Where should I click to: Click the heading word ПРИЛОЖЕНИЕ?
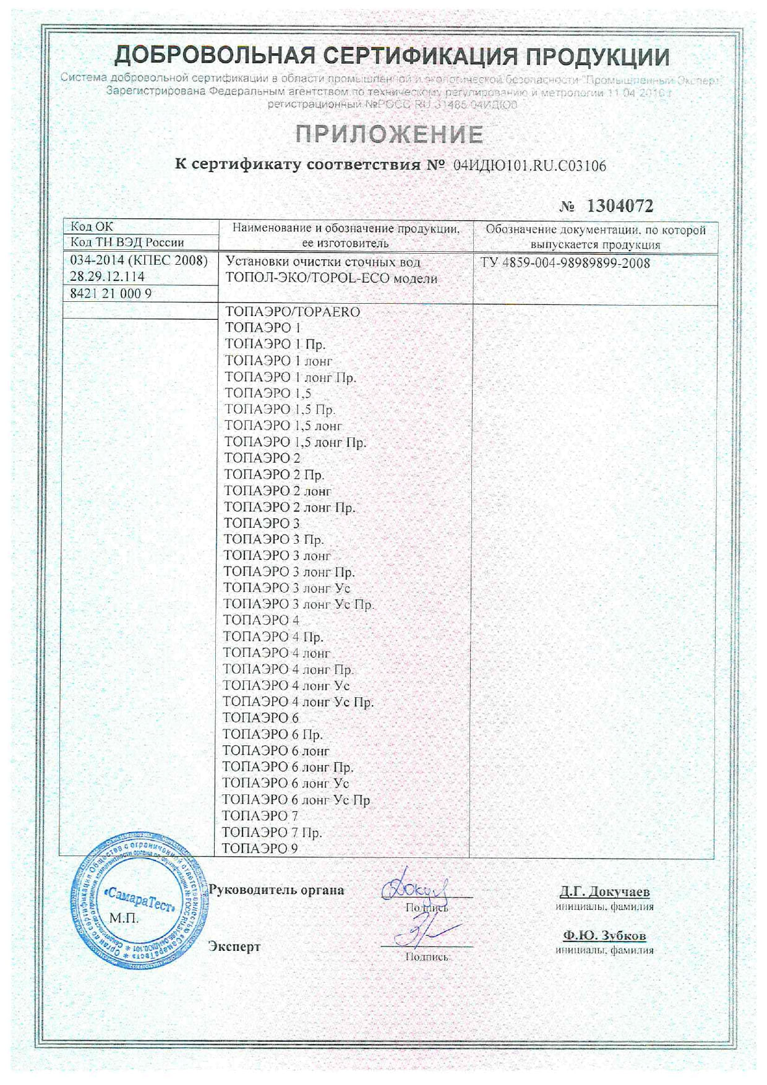(388, 134)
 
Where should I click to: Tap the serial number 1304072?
(619, 206)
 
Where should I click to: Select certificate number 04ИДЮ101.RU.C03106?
(529, 166)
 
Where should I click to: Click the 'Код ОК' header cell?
(92, 226)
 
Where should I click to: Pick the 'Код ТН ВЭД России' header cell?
(127, 242)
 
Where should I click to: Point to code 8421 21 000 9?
(111, 294)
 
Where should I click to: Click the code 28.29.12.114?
(107, 277)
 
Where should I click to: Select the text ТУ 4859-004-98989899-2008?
(565, 263)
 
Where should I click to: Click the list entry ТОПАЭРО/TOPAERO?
(293, 312)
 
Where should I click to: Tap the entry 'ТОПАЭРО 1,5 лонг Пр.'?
(295, 442)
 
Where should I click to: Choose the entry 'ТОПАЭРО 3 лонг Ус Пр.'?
(298, 604)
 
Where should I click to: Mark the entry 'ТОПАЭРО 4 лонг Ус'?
(286, 685)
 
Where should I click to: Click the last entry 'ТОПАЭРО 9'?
(260, 849)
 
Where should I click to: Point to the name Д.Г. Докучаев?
(604, 892)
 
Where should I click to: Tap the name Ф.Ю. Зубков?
(604, 935)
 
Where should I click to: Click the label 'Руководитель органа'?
(276, 890)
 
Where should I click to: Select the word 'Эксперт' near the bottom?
(234, 946)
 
